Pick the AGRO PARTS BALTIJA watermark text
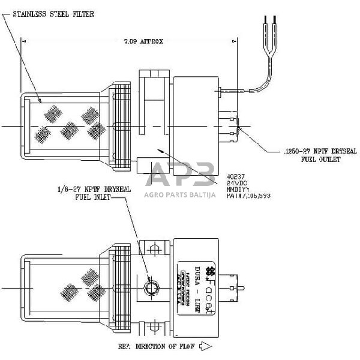click(x=180, y=194)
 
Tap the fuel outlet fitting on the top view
click(x=235, y=127)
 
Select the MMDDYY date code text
click(x=236, y=188)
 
